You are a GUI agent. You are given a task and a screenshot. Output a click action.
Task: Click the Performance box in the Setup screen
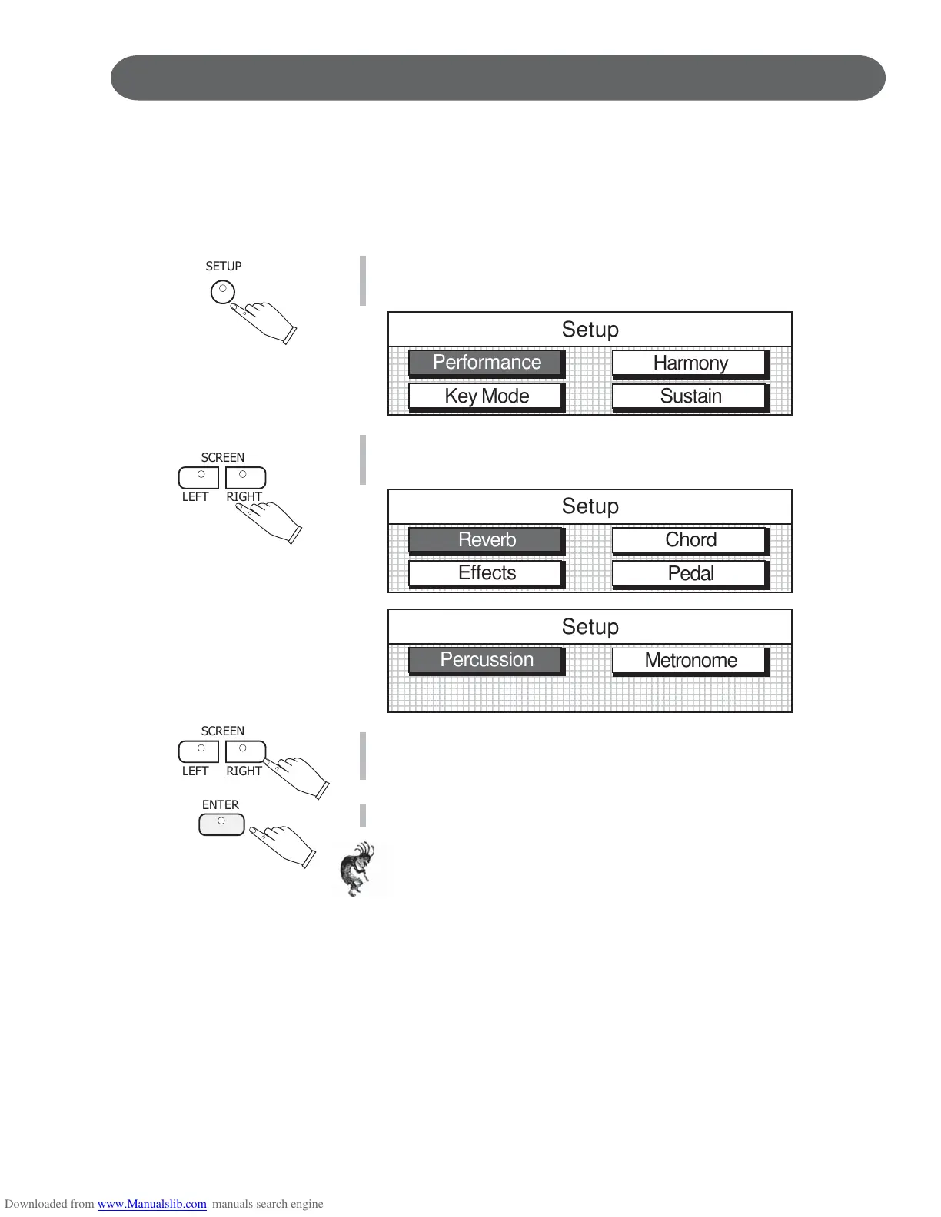coord(487,363)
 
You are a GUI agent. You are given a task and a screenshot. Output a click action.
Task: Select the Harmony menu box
coord(690,363)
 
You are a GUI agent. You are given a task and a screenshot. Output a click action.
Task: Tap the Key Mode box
coord(487,396)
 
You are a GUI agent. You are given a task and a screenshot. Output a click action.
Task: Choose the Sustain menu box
coord(690,396)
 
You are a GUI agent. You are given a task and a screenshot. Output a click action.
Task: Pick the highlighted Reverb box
coord(487,540)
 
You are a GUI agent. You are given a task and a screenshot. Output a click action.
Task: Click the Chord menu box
coord(690,540)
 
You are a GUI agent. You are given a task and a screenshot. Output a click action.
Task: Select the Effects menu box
coord(487,573)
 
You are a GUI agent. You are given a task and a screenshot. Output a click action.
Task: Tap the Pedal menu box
coord(690,574)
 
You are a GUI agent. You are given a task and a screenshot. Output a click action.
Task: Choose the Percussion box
coord(487,660)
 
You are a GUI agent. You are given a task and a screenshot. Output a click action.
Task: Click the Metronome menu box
coord(690,661)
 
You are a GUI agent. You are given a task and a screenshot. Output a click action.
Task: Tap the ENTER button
coord(221,824)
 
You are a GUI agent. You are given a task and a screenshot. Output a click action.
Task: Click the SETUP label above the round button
coord(224,267)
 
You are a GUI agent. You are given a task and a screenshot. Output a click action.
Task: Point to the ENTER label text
coord(221,805)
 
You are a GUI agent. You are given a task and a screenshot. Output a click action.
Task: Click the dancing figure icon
coord(357,869)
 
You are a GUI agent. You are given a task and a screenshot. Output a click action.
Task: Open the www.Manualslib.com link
coord(151,1204)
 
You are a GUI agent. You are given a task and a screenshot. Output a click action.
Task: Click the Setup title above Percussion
coord(590,627)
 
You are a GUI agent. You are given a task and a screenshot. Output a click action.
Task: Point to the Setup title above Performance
coord(590,330)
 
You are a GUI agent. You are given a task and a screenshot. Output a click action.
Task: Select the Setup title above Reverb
coord(590,506)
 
